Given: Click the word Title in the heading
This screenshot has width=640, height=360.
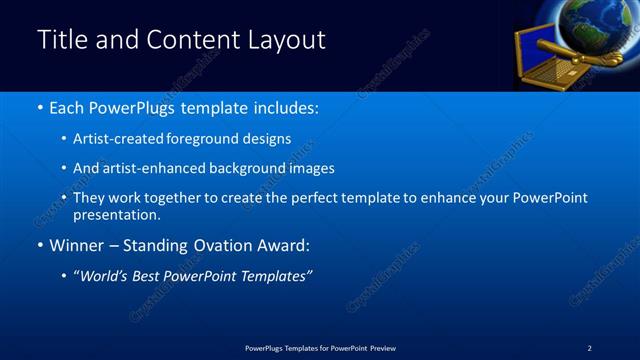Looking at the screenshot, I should point(61,40).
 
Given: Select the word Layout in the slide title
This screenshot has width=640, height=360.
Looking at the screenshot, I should point(286,41).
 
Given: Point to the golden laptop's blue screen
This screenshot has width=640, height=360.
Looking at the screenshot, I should point(537,49).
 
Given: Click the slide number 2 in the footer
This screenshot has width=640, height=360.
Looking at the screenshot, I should point(589,347).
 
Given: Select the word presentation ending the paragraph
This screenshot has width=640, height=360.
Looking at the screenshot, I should point(115,214).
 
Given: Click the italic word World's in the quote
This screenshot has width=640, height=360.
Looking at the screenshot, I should point(108,276).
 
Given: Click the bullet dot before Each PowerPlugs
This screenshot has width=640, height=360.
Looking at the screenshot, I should point(39,107).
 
